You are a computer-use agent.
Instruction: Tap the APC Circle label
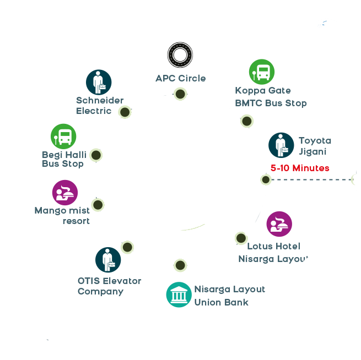pyautogui.click(x=180, y=78)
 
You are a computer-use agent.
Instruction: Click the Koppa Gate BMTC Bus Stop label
pyautogui.click(x=271, y=96)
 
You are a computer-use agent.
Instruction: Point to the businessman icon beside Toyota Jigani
pyautogui.click(x=281, y=145)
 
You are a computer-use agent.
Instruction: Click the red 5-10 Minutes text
pyautogui.click(x=300, y=168)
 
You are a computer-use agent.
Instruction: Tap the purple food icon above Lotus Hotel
pyautogui.click(x=279, y=223)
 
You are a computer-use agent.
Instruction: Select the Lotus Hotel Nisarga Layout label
pyautogui.click(x=273, y=252)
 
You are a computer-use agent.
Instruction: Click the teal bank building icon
pyautogui.click(x=179, y=295)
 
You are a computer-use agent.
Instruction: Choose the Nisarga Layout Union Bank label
pyautogui.click(x=229, y=296)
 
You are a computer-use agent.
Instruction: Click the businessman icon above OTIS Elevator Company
pyautogui.click(x=108, y=260)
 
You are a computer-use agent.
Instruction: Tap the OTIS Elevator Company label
pyautogui.click(x=109, y=286)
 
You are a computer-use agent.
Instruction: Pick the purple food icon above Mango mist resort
pyautogui.click(x=65, y=193)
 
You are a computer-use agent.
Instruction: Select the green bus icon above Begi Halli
pyautogui.click(x=63, y=137)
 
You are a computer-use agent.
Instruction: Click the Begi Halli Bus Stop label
pyautogui.click(x=63, y=159)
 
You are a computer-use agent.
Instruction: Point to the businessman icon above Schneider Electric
pyautogui.click(x=99, y=82)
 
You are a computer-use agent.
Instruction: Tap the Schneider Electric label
pyautogui.click(x=100, y=105)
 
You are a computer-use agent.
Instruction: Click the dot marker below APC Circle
pyautogui.click(x=180, y=94)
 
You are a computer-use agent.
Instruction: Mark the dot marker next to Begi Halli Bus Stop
pyautogui.click(x=96, y=155)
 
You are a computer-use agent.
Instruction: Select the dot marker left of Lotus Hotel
pyautogui.click(x=241, y=238)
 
